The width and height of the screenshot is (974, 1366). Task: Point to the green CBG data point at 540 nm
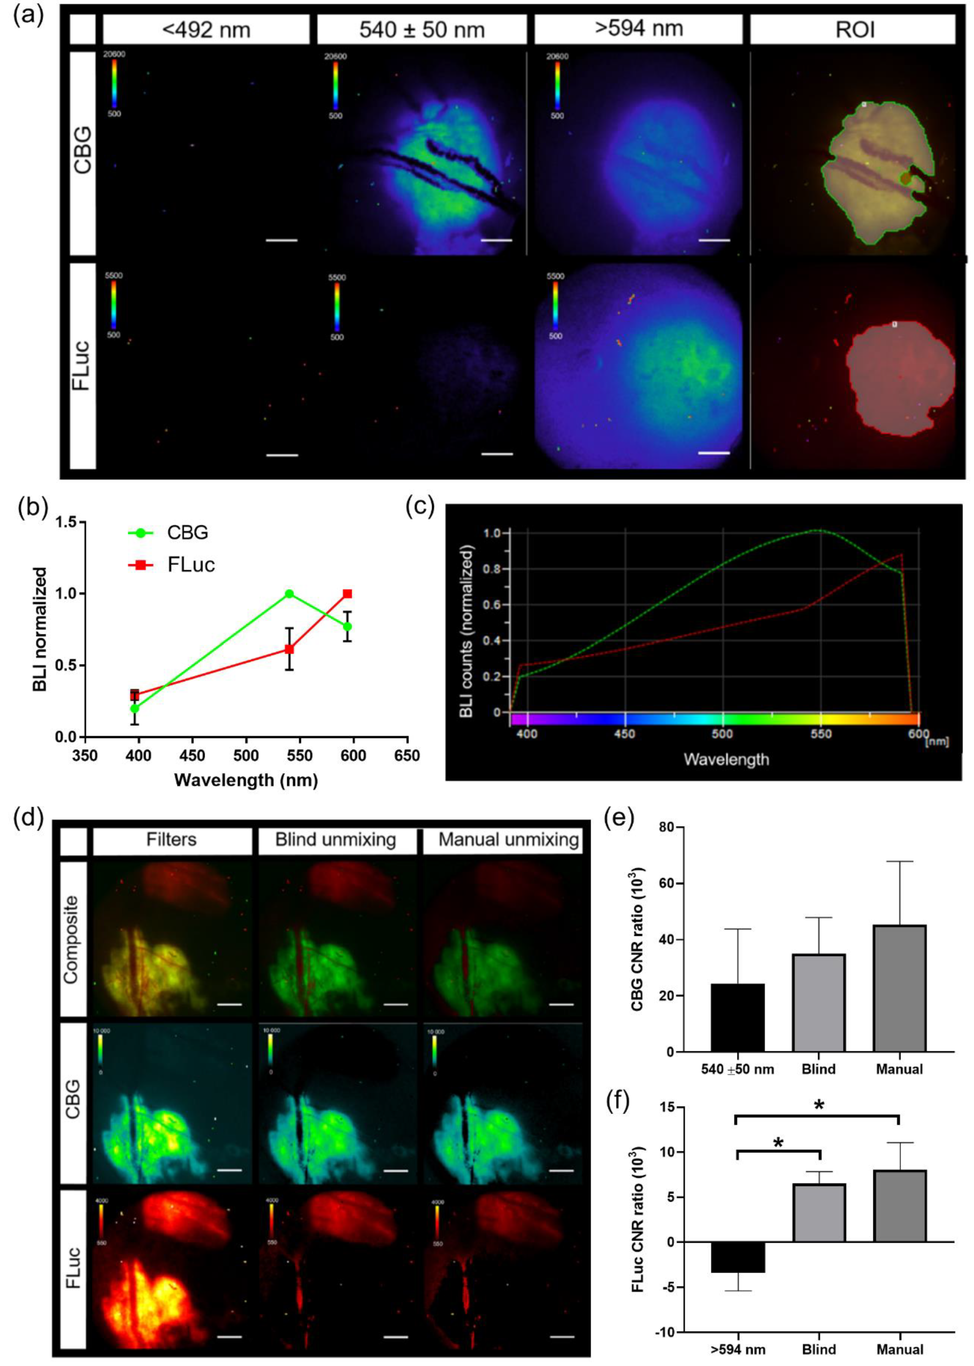[289, 594]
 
